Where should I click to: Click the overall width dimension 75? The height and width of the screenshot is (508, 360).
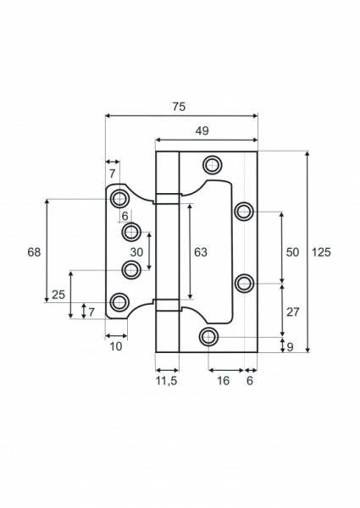[178, 107]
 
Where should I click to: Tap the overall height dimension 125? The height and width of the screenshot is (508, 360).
[321, 252]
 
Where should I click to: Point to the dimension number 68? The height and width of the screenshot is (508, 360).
[34, 252]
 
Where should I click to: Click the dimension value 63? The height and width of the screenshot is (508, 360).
[201, 252]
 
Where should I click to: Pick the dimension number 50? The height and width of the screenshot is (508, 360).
[293, 252]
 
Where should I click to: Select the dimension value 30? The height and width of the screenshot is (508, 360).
[136, 252]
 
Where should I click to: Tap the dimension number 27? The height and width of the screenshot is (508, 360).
[293, 312]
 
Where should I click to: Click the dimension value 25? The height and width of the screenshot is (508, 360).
[58, 295]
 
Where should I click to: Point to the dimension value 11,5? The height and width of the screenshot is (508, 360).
[167, 382]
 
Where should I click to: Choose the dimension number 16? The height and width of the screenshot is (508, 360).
[223, 382]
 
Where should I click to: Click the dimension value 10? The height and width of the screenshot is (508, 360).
[115, 346]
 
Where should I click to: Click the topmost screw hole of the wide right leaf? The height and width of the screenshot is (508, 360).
[212, 164]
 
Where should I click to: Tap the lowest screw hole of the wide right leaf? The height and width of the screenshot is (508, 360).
[208, 338]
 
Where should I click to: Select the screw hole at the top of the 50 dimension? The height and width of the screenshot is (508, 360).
[244, 210]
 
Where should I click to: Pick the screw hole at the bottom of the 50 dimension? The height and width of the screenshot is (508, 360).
[244, 283]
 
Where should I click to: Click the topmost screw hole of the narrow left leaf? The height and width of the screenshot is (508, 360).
[119, 199]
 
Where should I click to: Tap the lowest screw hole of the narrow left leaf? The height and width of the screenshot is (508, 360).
[119, 301]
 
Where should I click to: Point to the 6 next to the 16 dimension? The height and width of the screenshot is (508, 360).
[249, 382]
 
